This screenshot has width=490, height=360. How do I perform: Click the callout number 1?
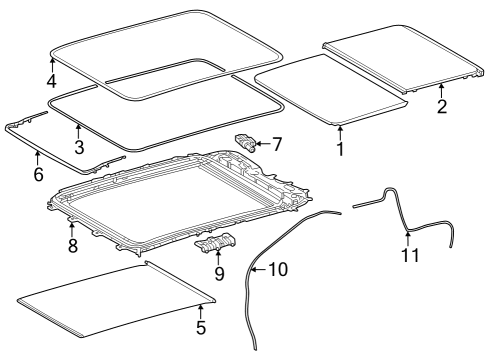(340, 149)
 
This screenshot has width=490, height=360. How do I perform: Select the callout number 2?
(442, 106)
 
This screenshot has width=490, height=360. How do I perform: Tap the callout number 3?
(79, 147)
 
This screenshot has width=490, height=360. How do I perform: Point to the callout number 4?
(51, 81)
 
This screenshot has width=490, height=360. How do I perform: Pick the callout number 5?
(201, 327)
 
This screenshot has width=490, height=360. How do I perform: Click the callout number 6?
(39, 174)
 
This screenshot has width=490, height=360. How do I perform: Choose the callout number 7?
(277, 144)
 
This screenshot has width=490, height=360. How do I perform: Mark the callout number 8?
(73, 246)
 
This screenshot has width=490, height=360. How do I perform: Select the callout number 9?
(219, 274)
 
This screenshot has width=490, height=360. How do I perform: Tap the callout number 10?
(278, 269)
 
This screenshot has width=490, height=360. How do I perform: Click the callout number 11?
(410, 255)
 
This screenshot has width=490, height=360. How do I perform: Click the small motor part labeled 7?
(246, 142)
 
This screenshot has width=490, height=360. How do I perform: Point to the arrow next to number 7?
(263, 144)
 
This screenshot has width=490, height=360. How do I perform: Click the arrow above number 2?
(441, 90)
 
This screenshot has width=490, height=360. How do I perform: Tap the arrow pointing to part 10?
(259, 269)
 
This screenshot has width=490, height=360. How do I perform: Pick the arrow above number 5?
(200, 311)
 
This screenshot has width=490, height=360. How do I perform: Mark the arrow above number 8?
(71, 230)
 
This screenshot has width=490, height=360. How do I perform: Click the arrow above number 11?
(408, 239)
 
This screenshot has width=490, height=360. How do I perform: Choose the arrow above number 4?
(52, 65)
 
